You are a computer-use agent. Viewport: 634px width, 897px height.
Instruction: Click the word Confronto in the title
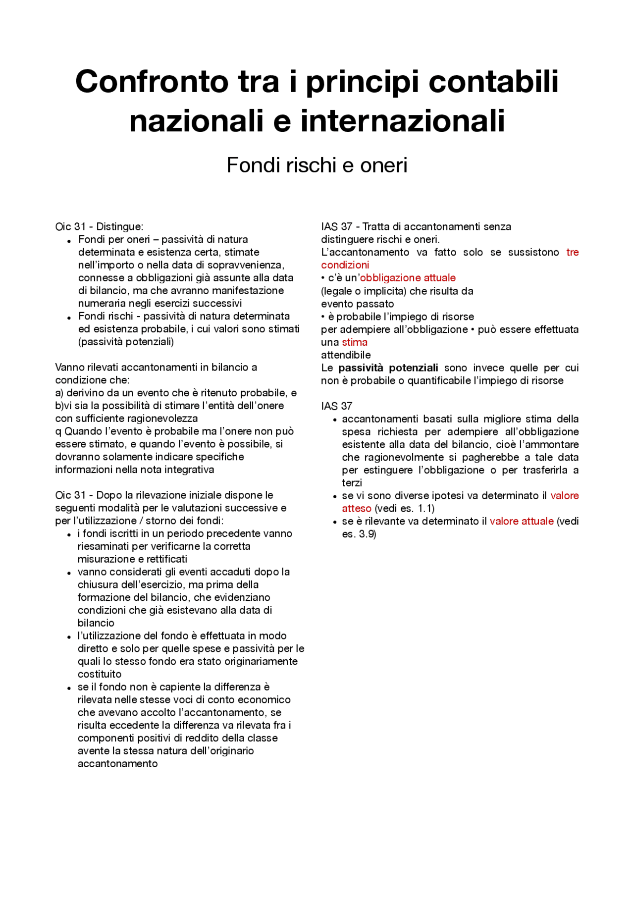coord(151,82)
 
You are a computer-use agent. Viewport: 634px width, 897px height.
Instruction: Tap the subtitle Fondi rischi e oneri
coord(317,165)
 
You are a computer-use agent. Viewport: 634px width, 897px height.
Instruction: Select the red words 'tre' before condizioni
coord(572,252)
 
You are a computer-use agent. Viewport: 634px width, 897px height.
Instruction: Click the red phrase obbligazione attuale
coord(408,278)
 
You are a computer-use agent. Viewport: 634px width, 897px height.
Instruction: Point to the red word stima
coord(355,342)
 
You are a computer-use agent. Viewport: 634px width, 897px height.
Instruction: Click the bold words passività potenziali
coord(388,368)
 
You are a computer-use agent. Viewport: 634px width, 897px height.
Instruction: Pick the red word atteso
coord(356,509)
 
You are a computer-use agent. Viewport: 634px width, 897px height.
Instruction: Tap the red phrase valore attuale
coord(521,522)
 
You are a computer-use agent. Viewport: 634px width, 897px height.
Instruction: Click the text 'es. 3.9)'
coord(359,534)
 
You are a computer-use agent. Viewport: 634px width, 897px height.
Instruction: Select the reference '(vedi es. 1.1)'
coord(404,509)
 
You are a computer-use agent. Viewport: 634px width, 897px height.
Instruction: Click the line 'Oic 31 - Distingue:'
coord(99,227)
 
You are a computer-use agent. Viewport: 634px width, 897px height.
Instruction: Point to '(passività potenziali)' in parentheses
coord(126,342)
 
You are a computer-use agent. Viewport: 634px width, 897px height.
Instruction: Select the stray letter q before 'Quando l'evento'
coord(58,431)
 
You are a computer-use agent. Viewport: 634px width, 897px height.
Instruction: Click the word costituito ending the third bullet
coord(99,675)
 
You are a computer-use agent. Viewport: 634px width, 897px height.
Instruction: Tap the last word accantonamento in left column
coord(117,764)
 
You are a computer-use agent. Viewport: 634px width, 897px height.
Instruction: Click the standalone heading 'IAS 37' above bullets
coord(336,406)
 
